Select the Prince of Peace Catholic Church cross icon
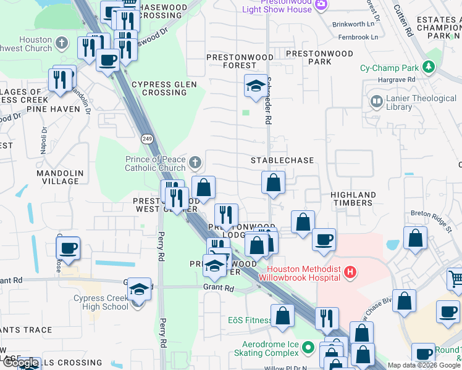click(x=195, y=163)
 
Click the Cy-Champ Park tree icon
click(x=427, y=67)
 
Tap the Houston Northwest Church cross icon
click(x=61, y=43)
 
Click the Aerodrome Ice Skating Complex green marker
click(x=308, y=348)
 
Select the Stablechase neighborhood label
click(x=282, y=160)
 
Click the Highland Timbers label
click(x=353, y=199)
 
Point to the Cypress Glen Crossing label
click(x=164, y=89)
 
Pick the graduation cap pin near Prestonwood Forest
click(x=255, y=88)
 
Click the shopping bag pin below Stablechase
click(x=273, y=183)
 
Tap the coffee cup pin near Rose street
click(x=68, y=249)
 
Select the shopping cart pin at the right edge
click(x=456, y=279)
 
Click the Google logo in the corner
click(x=20, y=363)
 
